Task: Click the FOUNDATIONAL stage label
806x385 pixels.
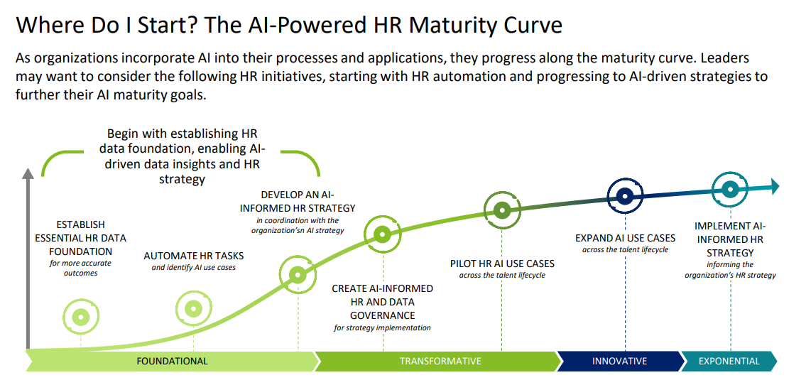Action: [172, 361]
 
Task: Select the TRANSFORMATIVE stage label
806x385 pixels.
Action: [440, 361]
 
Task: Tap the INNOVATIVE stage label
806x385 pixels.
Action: [619, 361]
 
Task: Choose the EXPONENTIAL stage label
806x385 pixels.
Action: [729, 361]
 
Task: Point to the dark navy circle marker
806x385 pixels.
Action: [625, 196]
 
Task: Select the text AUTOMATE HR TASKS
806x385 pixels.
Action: [194, 256]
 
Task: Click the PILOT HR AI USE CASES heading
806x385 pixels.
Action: [501, 264]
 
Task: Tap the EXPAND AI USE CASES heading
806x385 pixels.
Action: [625, 239]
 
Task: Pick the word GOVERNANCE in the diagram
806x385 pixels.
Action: [383, 315]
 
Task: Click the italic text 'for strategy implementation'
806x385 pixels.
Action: [383, 327]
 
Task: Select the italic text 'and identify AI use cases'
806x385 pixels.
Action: [194, 268]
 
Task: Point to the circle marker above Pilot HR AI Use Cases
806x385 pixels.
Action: [502, 210]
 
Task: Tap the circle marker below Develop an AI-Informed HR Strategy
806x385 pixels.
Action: [298, 274]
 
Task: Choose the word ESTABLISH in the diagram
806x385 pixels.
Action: [81, 224]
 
